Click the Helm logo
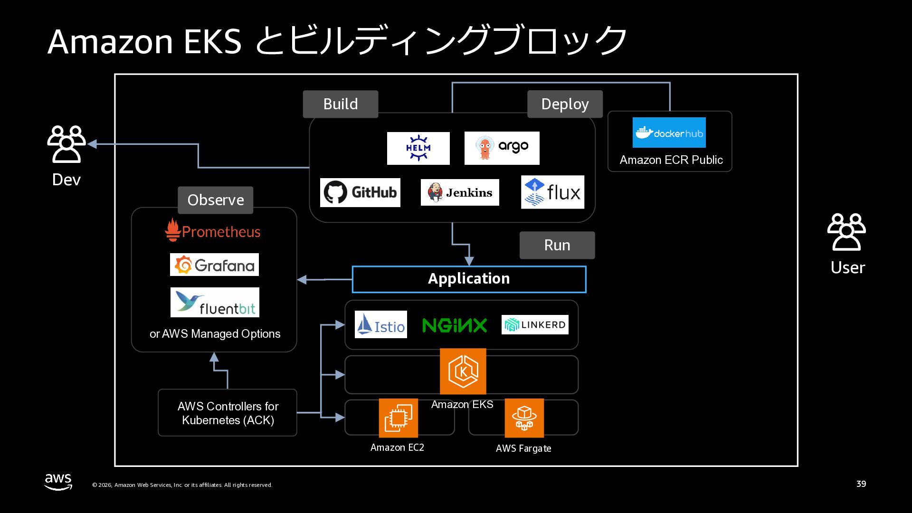coord(418,148)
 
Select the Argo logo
coord(502,148)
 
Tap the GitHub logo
coord(360,192)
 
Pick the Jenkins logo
coord(460,192)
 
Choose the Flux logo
coord(552,192)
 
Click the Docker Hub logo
coord(669,133)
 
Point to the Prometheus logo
coord(213,231)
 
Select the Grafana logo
coord(214,265)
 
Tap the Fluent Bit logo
coord(215,303)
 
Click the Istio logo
coord(380,324)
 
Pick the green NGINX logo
coord(455,325)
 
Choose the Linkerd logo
coord(535,325)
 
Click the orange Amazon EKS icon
coord(463,371)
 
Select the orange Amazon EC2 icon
coord(398,418)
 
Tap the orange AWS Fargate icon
coord(524,418)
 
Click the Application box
coord(469,279)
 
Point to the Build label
coord(341,104)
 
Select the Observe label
coord(216,200)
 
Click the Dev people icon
coord(66,144)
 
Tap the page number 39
coord(861,484)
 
